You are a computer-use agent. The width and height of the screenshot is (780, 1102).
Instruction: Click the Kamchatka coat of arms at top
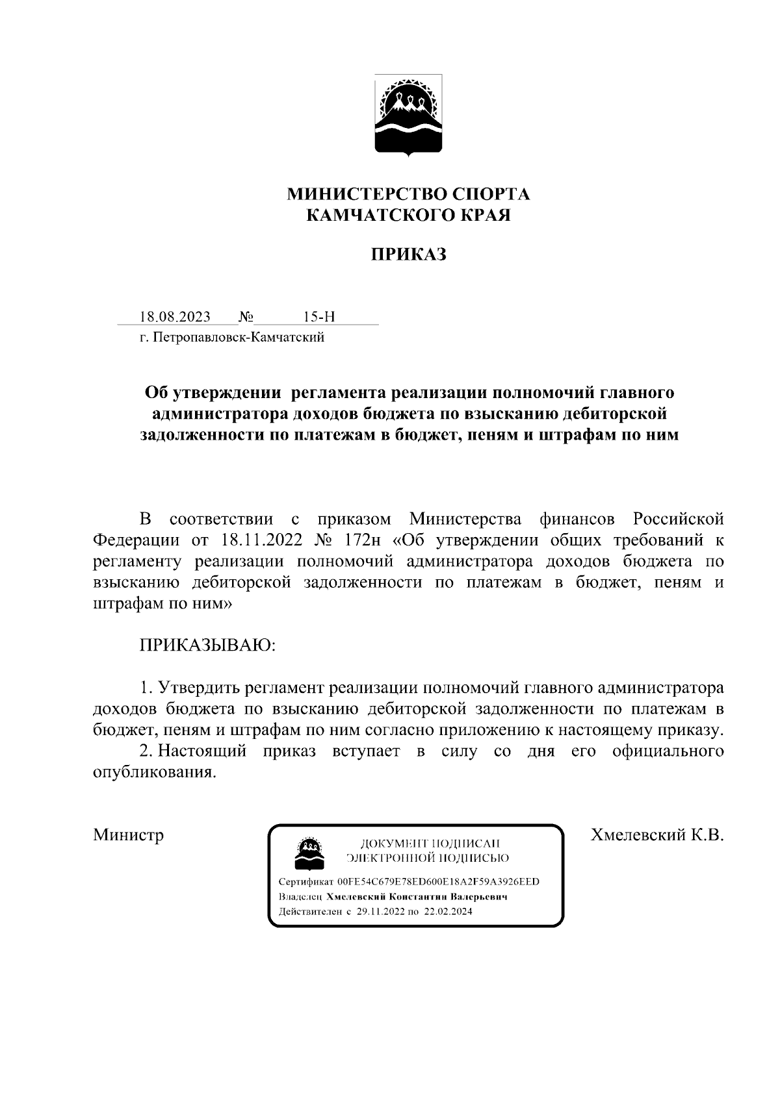point(408,116)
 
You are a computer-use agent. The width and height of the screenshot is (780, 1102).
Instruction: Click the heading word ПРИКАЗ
point(408,255)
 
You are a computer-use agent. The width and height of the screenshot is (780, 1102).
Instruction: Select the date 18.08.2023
point(175,317)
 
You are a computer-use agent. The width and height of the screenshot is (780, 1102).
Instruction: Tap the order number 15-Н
point(318,317)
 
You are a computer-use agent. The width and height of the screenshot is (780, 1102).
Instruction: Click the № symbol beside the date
point(246,317)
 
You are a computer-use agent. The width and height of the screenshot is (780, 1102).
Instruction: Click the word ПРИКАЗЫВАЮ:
point(207,645)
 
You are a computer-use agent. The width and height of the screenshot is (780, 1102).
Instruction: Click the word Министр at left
point(128,834)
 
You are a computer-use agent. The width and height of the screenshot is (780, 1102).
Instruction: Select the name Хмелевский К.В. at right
point(656,834)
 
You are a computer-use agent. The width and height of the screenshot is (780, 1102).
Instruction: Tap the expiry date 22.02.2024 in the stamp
point(448,912)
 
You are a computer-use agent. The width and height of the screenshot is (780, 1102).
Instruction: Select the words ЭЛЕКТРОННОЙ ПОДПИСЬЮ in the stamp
point(428,858)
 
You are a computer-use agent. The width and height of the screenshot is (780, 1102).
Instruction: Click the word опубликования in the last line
point(153,773)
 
